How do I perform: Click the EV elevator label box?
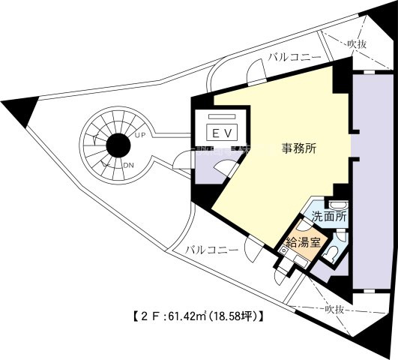tap(222, 133)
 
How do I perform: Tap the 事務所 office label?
tap(299, 148)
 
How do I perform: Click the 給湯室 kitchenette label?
tap(301, 243)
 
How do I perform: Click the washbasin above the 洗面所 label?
tap(338, 204)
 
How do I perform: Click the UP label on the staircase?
tap(140, 136)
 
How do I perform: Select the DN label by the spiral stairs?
tap(128, 165)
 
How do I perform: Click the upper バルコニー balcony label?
tap(295, 56)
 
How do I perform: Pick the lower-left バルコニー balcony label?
tap(211, 249)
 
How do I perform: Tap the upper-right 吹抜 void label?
tap(357, 43)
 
